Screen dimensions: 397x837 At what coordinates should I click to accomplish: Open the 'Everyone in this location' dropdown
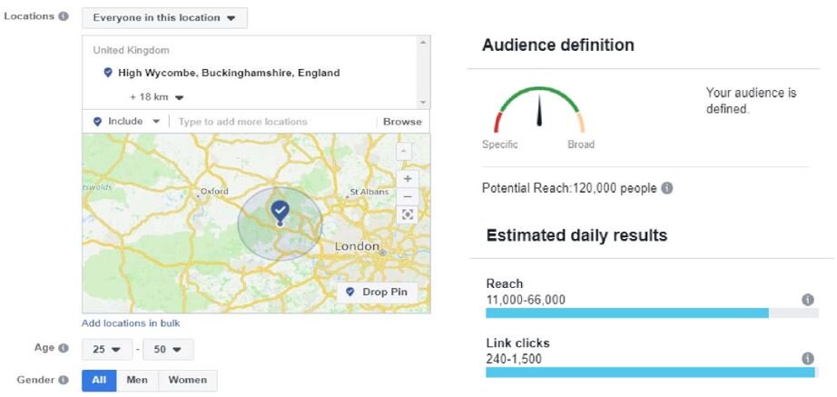(164, 17)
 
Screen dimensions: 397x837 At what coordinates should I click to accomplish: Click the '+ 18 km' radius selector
(156, 96)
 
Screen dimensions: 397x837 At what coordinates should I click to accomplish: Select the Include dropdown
(127, 121)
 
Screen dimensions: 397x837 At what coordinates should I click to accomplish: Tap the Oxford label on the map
(214, 192)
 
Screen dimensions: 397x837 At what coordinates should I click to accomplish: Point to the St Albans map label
(369, 192)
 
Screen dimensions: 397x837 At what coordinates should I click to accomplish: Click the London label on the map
(357, 246)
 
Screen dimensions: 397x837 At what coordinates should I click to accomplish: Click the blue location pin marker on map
(280, 212)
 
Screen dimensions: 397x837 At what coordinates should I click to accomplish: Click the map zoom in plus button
(408, 179)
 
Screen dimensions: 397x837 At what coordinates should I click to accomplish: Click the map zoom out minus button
(408, 196)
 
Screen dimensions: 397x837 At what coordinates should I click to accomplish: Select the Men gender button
(137, 380)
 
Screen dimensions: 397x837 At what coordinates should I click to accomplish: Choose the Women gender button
(187, 380)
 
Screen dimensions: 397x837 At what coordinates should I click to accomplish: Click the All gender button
(99, 380)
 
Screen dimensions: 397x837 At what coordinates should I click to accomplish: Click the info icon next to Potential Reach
(667, 188)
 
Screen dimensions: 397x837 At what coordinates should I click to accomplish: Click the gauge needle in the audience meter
(539, 111)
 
